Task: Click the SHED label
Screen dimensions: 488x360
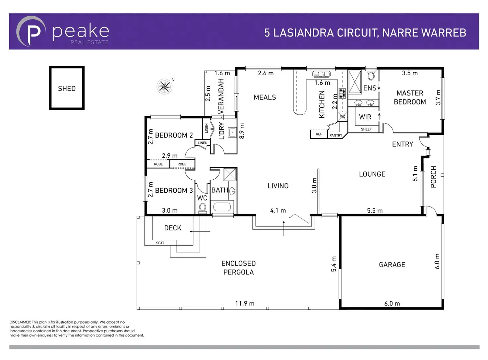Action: (67, 89)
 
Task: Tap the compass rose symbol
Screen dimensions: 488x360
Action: (164, 86)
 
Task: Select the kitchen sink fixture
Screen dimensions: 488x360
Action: (321, 74)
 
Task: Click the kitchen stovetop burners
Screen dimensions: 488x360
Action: (342, 93)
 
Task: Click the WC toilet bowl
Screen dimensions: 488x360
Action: (203, 208)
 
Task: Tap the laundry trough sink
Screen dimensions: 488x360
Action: (232, 132)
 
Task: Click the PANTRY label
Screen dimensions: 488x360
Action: (335, 135)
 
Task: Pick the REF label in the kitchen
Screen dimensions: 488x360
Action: (319, 134)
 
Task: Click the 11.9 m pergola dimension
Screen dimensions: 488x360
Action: (245, 303)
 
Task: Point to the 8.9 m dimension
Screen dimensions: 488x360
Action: (242, 131)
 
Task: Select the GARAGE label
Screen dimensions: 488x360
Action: (392, 265)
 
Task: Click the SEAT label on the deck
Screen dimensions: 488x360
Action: (160, 243)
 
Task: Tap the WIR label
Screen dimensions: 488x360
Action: (365, 117)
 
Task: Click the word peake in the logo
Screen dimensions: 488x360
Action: (81, 32)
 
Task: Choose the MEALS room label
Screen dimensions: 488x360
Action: (265, 97)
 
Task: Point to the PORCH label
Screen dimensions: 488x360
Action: (433, 177)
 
